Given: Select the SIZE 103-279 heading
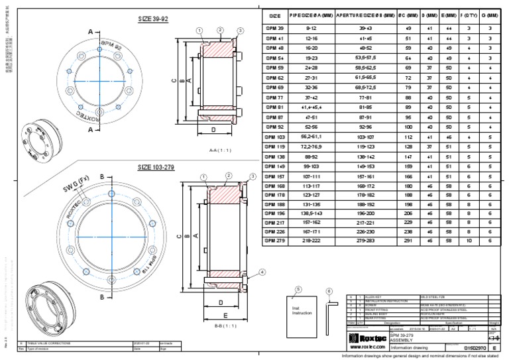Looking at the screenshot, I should [156, 167].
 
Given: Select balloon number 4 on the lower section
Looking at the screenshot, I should [262, 272].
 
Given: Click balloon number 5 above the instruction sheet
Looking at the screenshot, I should [298, 289].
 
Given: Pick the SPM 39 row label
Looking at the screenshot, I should [274, 29].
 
